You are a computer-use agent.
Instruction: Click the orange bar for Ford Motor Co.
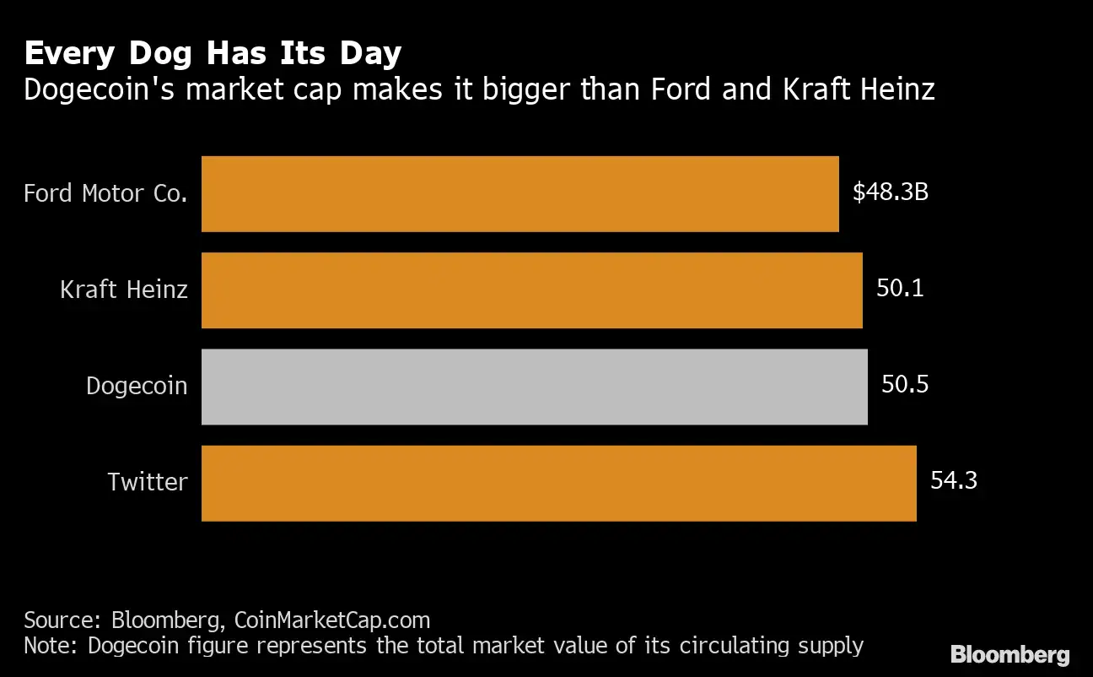pyautogui.click(x=520, y=193)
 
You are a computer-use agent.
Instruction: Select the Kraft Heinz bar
pyautogui.click(x=531, y=290)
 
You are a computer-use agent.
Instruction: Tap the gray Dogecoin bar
pyautogui.click(x=534, y=387)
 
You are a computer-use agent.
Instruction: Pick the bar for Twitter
pyautogui.click(x=558, y=483)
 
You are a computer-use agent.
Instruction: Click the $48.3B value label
pyautogui.click(x=890, y=192)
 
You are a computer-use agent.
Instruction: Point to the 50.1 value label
pyautogui.click(x=900, y=289)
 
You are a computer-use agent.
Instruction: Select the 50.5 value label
pyautogui.click(x=905, y=385)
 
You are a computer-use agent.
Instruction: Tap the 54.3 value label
pyautogui.click(x=954, y=481)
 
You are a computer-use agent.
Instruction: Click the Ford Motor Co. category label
pyautogui.click(x=105, y=193)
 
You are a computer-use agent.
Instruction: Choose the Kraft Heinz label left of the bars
pyautogui.click(x=124, y=290)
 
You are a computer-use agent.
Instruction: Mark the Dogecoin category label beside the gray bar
pyautogui.click(x=137, y=387)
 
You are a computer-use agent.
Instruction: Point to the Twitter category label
pyautogui.click(x=148, y=483)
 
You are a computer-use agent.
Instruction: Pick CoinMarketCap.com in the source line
pyautogui.click(x=331, y=620)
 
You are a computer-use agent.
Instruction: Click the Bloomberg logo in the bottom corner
pyautogui.click(x=1010, y=654)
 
